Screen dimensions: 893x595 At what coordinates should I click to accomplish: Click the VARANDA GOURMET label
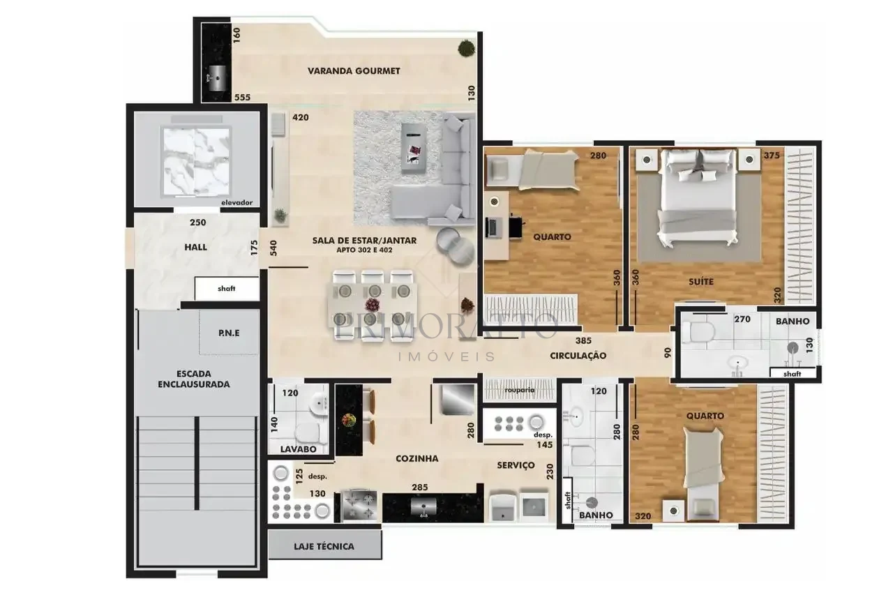click(x=354, y=71)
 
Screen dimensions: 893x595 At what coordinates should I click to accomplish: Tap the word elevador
click(x=237, y=202)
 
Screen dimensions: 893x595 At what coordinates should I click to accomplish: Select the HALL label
click(x=196, y=247)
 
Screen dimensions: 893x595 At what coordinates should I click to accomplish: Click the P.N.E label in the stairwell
click(x=229, y=333)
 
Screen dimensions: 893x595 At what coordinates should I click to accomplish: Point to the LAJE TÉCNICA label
click(x=324, y=546)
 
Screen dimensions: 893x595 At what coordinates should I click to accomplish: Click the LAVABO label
click(x=298, y=449)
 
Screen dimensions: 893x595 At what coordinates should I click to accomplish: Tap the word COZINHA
click(x=417, y=459)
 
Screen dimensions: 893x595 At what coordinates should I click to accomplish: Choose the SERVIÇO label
click(x=516, y=465)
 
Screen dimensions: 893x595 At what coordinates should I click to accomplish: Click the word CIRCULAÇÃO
click(x=578, y=356)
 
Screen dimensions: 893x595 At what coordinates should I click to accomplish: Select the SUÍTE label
click(x=701, y=282)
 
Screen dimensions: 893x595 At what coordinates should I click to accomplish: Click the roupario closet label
click(x=520, y=390)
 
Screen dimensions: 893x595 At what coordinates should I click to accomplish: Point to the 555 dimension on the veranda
click(x=242, y=97)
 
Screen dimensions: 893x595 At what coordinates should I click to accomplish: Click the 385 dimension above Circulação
click(x=584, y=340)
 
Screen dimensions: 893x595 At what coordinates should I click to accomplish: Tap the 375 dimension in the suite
click(x=772, y=156)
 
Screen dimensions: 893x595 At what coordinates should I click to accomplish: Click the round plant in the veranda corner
click(x=467, y=48)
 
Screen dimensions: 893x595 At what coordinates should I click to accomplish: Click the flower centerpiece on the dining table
click(x=373, y=306)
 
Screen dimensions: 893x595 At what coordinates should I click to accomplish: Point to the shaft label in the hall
click(x=227, y=289)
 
